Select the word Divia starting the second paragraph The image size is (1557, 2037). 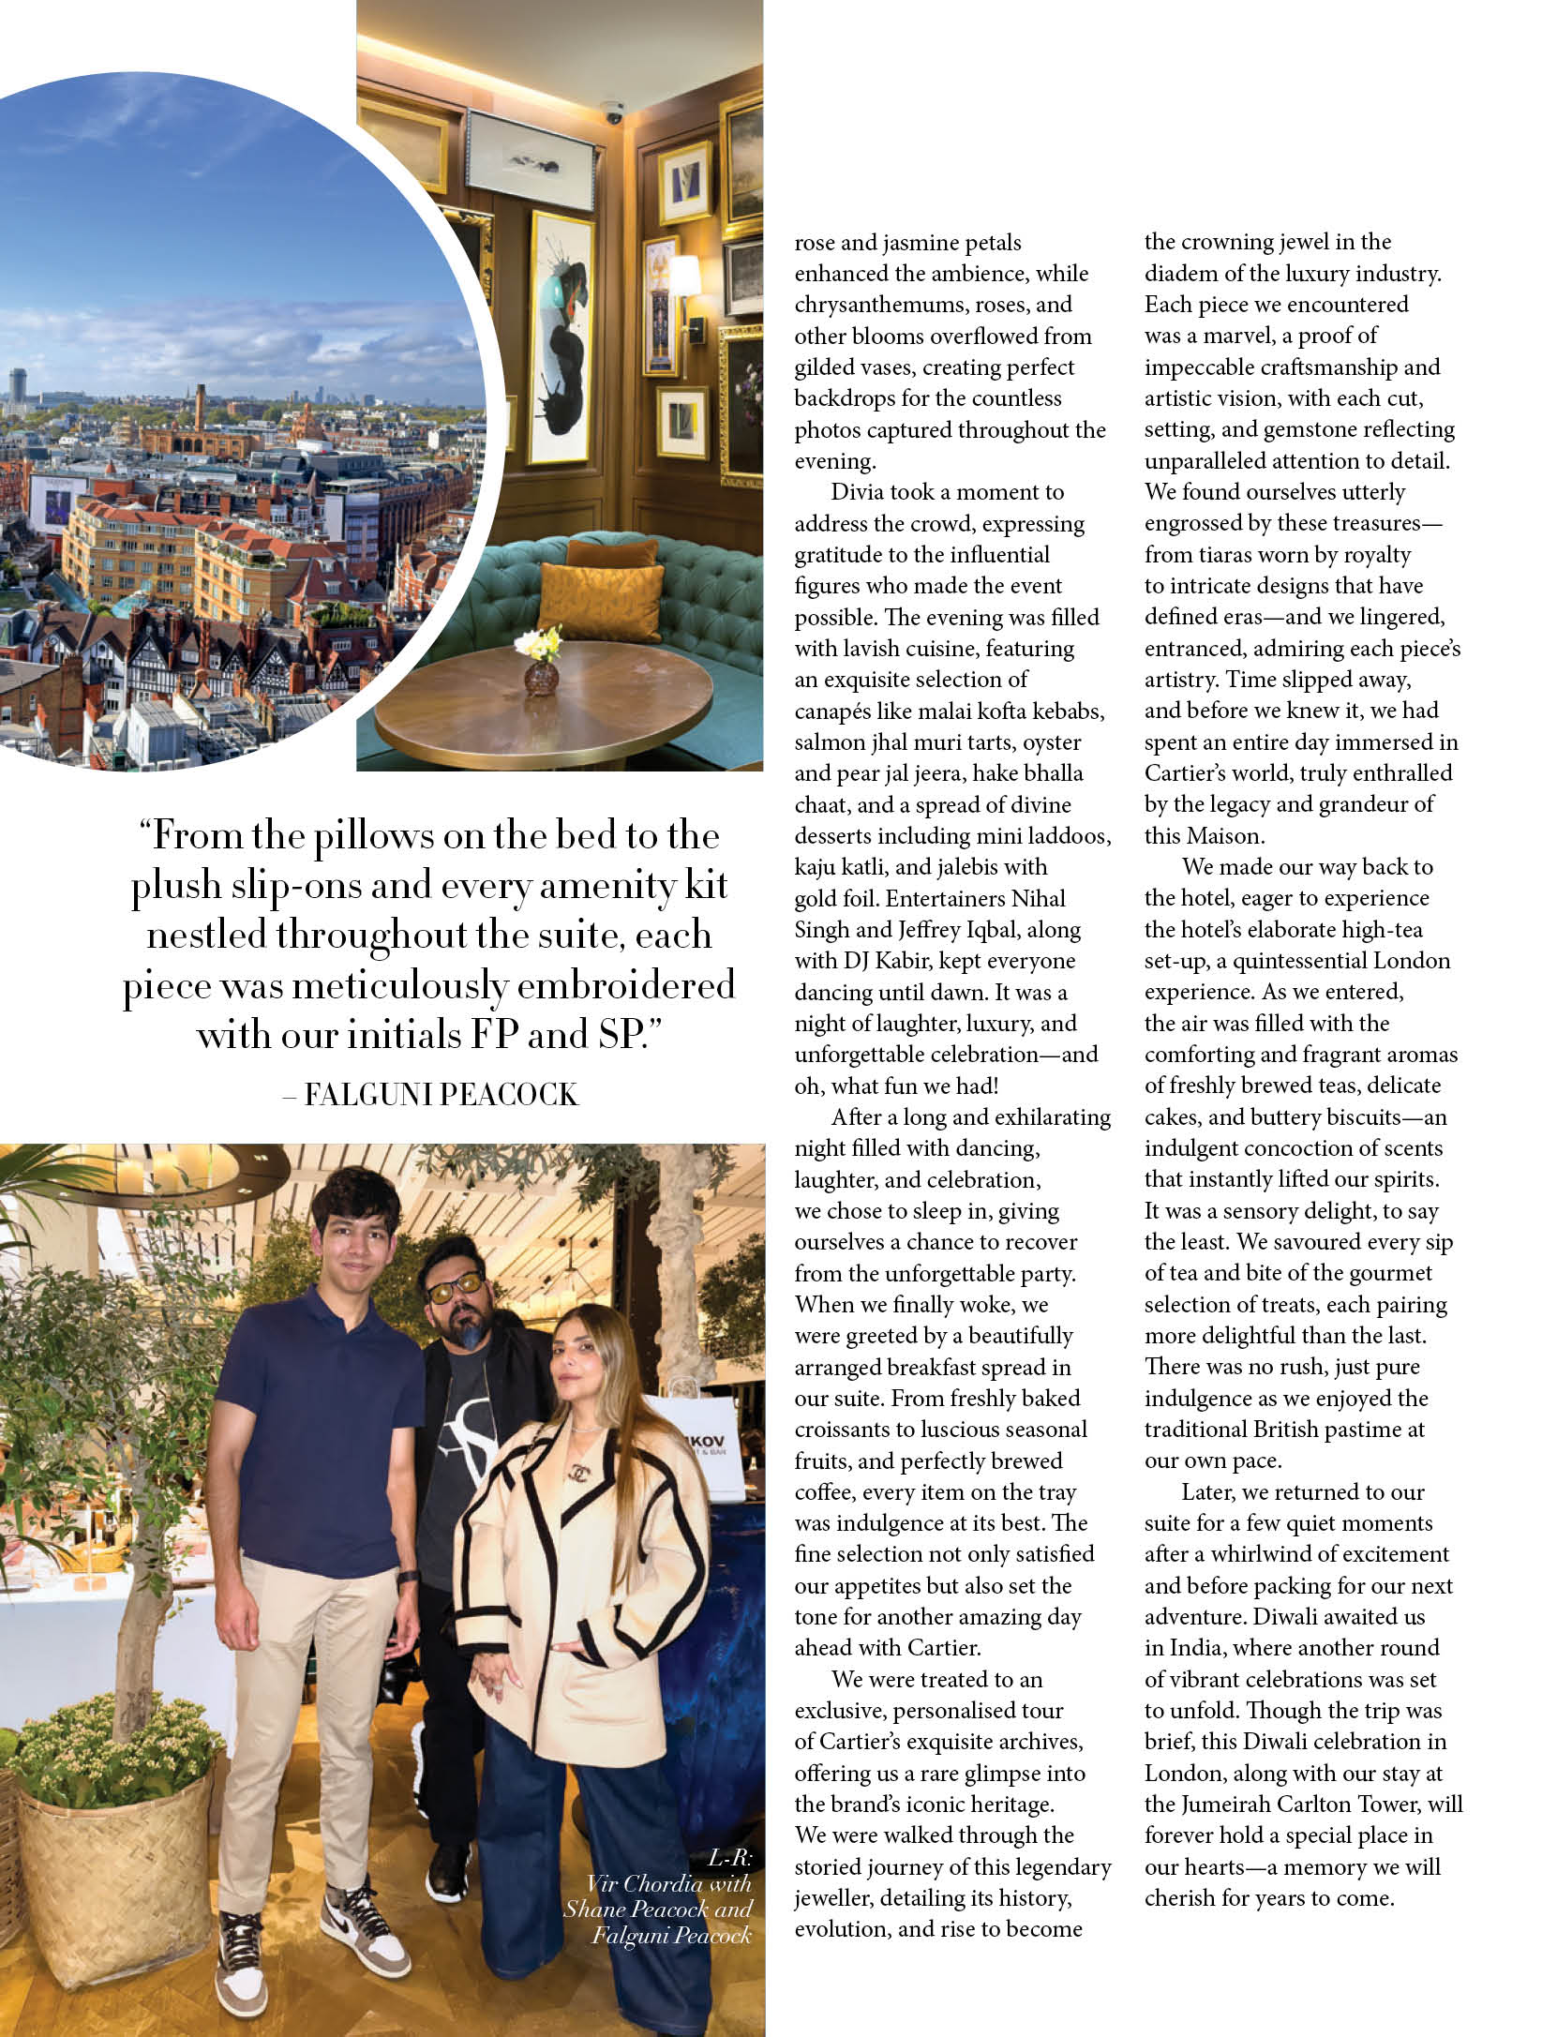(x=857, y=493)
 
